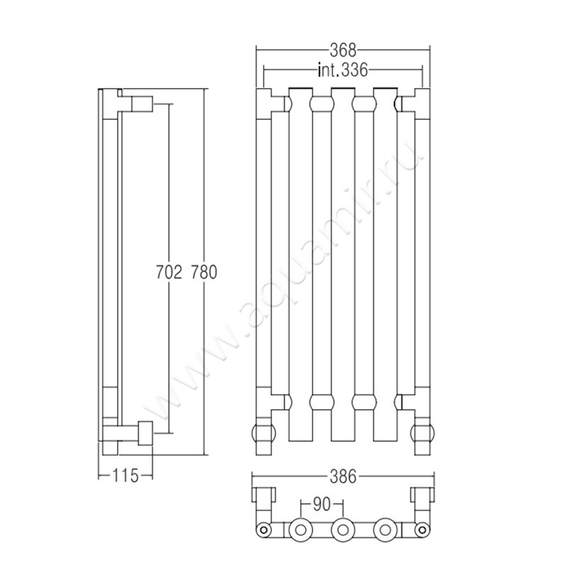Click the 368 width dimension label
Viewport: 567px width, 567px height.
(343, 50)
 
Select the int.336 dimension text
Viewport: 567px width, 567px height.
(342, 69)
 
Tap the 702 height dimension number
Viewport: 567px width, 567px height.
(169, 272)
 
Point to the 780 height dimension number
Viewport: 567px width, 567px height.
(203, 272)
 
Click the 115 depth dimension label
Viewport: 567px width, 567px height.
(125, 476)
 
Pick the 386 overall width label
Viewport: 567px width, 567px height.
(343, 476)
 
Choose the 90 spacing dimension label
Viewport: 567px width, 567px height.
(322, 505)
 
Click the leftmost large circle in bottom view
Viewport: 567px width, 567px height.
(301, 530)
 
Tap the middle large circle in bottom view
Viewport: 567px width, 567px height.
(342, 530)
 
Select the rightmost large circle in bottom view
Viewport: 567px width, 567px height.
(385, 530)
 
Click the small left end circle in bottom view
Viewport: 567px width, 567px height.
(264, 530)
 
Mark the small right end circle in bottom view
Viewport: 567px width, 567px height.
(422, 530)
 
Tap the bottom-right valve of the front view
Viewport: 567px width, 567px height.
(422, 433)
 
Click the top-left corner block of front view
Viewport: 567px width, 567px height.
(264, 103)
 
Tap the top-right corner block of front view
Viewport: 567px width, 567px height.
(422, 103)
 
